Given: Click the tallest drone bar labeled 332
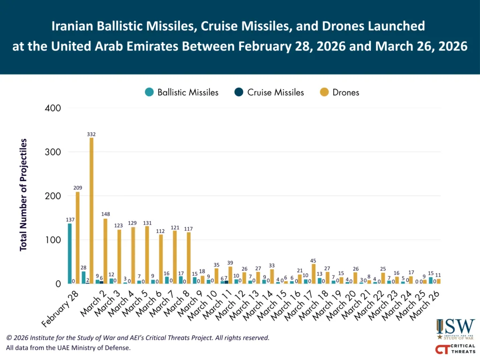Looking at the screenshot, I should pos(91,210).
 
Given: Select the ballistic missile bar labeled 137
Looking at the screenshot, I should pos(70,253).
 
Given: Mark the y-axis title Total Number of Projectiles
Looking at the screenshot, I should pos(23,195).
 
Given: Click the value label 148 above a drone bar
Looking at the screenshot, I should pos(105,214).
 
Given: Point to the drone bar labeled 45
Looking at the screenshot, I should pos(313,274).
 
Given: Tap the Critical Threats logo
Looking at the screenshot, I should pos(455,349).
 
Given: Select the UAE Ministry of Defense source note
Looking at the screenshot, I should pos(68,348).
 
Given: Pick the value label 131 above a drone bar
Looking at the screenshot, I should pos(147,222).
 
